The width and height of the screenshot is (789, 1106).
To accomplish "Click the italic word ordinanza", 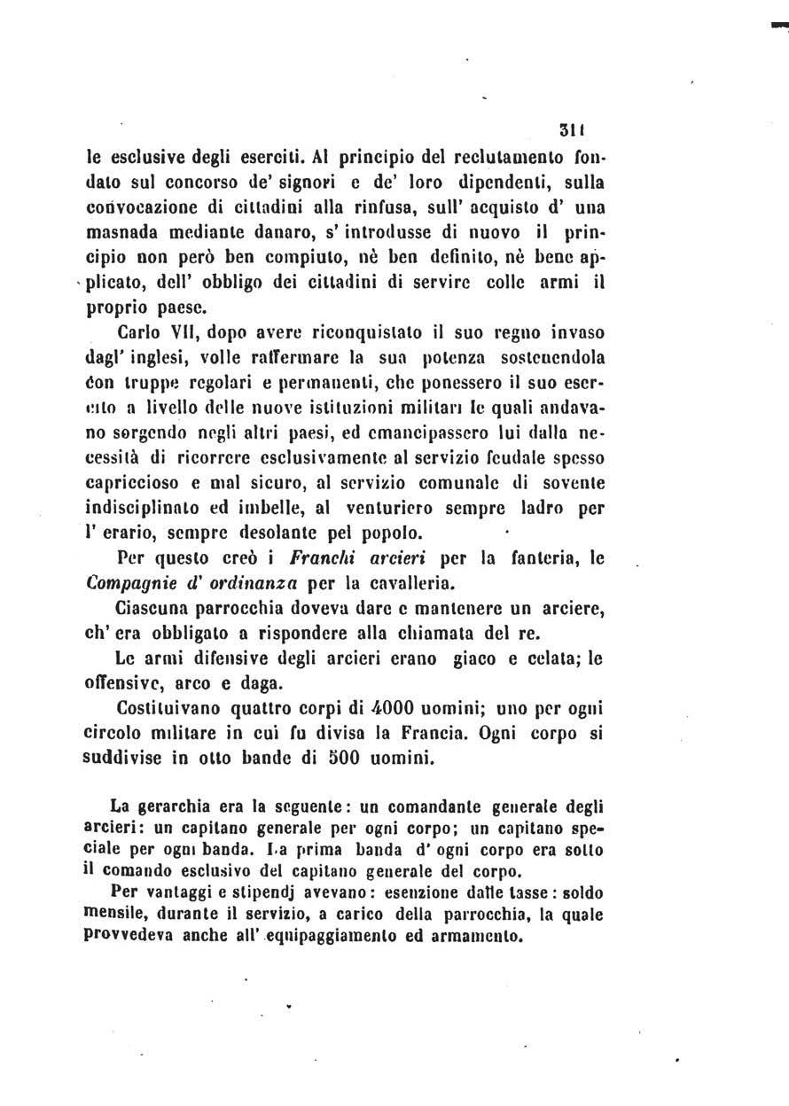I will pos(262,583).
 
